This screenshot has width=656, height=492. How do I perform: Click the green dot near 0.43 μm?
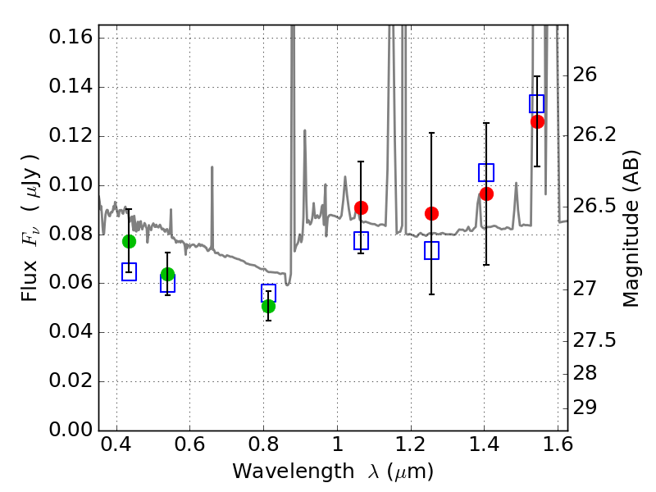[129, 241]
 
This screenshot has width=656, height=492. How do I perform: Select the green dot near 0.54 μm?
[167, 275]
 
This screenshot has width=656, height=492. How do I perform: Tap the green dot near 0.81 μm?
[268, 306]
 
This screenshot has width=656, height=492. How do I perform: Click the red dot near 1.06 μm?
[361, 207]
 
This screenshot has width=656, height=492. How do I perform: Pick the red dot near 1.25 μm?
[431, 214]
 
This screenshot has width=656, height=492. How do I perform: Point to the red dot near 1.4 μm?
[486, 194]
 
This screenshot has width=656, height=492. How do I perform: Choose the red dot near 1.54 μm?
[537, 121]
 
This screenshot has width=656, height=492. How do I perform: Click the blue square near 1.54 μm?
[536, 104]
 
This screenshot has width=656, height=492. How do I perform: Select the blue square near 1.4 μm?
[486, 173]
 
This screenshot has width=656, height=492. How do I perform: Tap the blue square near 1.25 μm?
[431, 251]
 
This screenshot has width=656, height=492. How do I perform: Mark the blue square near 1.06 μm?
[361, 240]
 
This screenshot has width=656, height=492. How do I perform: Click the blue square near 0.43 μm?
[129, 272]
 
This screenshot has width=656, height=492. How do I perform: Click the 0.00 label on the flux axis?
[71, 429]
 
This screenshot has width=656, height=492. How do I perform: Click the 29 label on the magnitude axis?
[585, 407]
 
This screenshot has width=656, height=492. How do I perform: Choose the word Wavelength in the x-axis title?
[294, 471]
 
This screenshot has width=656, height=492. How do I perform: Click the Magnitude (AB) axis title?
[631, 229]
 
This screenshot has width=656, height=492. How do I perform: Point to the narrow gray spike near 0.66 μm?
[212, 208]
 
